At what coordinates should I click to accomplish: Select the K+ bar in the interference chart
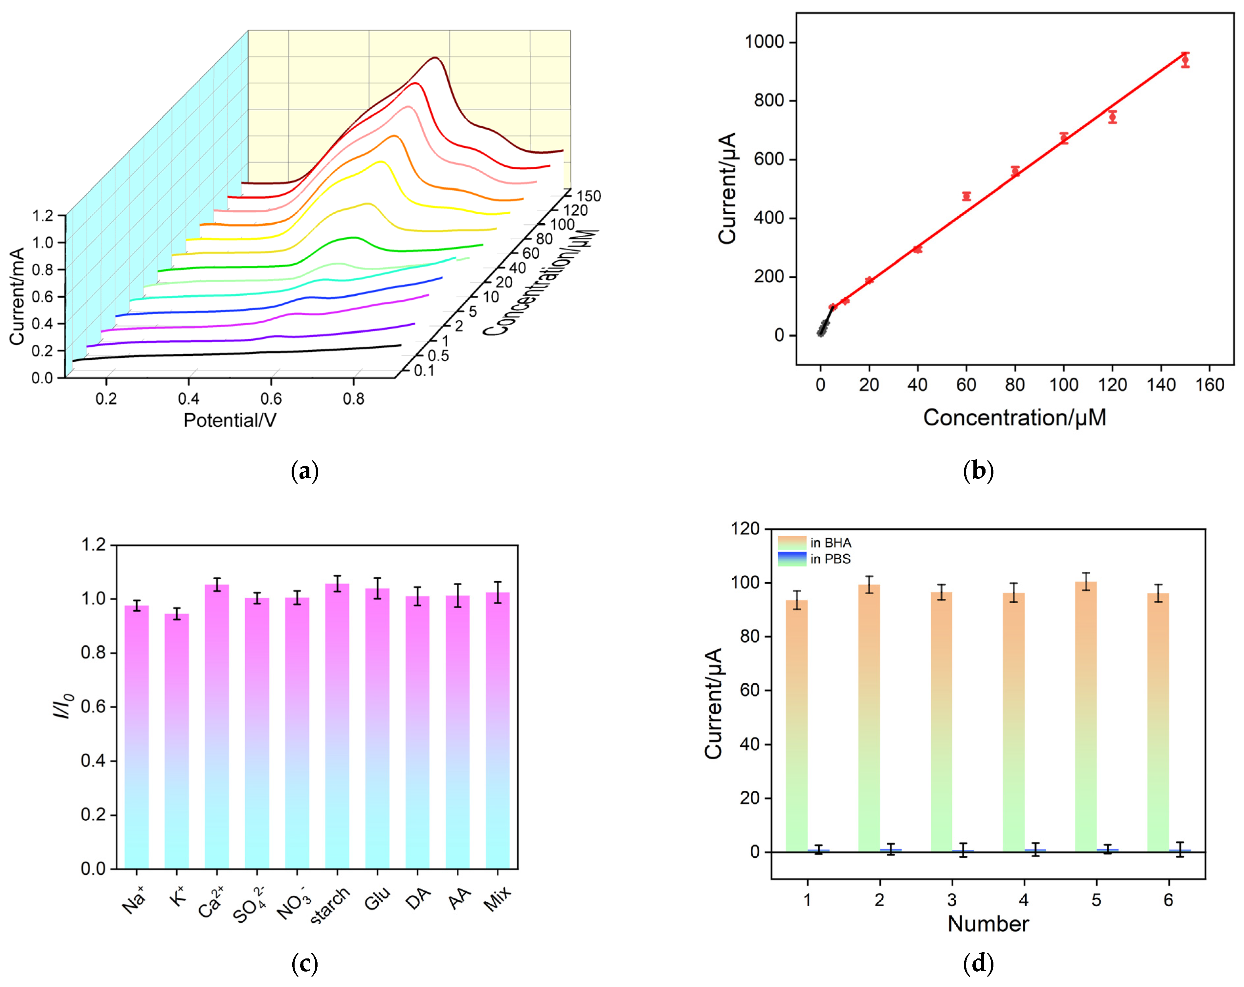[177, 741]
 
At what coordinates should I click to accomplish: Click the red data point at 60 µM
[966, 196]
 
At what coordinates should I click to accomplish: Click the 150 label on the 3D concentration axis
[589, 196]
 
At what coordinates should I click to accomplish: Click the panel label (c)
[305, 963]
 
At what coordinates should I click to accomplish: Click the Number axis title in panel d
[988, 924]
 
